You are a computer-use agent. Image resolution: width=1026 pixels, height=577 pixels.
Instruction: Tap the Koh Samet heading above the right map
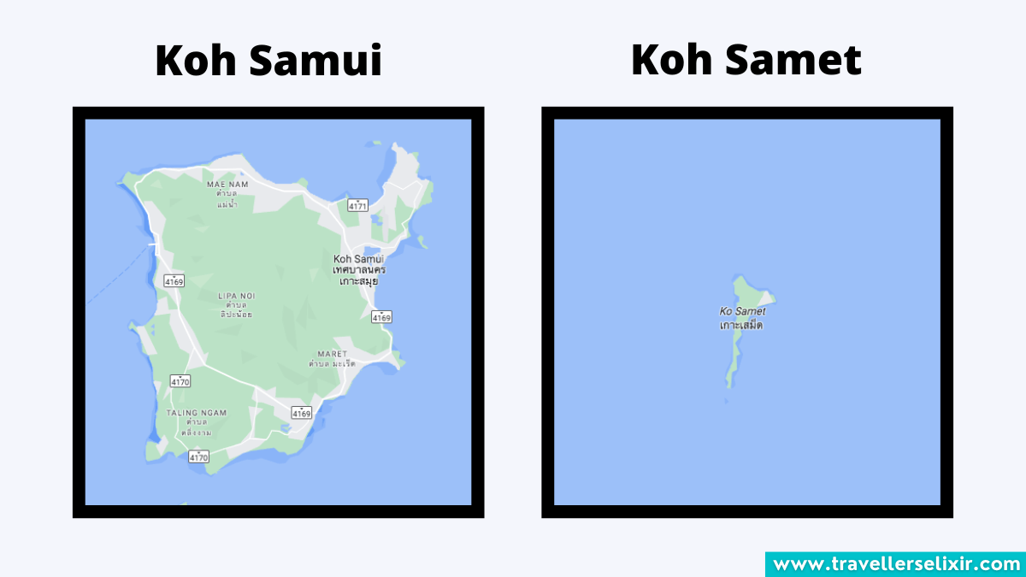(746, 60)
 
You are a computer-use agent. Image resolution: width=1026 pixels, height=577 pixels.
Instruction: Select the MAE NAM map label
(227, 183)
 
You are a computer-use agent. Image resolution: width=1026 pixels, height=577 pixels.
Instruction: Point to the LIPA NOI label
(236, 296)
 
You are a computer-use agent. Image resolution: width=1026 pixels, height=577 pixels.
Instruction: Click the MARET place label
(333, 353)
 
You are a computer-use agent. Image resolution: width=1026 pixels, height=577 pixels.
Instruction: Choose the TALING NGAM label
(197, 412)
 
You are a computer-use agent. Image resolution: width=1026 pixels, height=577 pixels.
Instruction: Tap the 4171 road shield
(357, 205)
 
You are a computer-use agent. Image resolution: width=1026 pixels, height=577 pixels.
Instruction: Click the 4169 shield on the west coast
(174, 280)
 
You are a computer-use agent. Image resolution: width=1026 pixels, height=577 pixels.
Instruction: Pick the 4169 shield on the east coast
(381, 317)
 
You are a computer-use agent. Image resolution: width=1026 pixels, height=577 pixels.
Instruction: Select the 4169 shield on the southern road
(301, 413)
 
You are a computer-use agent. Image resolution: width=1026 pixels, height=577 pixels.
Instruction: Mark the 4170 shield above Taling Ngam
(180, 381)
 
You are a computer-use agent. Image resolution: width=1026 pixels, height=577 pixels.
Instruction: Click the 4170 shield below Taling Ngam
(198, 457)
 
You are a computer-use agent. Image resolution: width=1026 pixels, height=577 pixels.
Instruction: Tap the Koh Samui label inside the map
(358, 259)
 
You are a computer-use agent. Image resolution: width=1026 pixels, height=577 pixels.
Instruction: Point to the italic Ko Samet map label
(743, 312)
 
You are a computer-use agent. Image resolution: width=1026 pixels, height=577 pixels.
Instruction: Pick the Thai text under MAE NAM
(227, 198)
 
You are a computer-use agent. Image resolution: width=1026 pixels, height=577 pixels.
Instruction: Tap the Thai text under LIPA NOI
(236, 309)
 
